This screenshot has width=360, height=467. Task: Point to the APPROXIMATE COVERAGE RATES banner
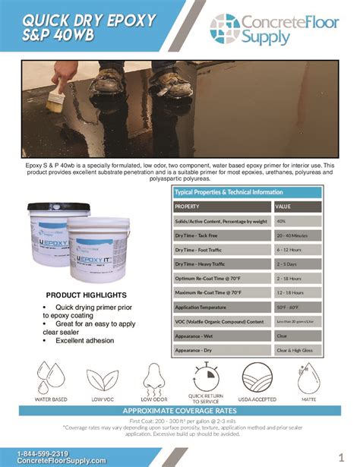point(180,410)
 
